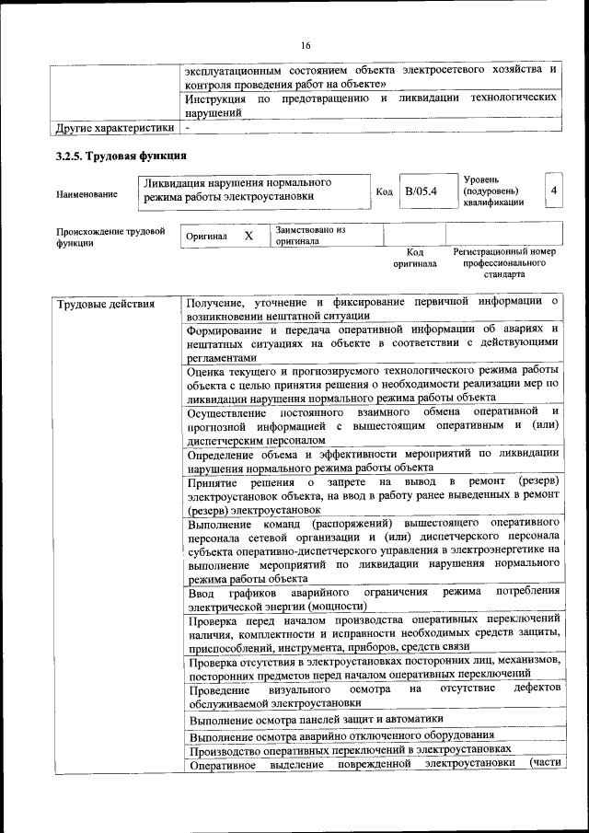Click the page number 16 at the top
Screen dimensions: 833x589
click(x=306, y=46)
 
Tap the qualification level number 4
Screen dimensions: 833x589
click(x=553, y=190)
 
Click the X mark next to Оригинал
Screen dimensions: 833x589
click(x=248, y=236)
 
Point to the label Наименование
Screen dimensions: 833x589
click(x=87, y=194)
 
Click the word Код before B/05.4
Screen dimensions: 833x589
click(x=386, y=191)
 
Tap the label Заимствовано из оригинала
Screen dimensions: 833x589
click(x=309, y=236)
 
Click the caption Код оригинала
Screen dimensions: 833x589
click(x=415, y=257)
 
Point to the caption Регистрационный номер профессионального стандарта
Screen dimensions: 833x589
click(x=504, y=262)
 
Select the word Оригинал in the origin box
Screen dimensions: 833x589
click(x=206, y=237)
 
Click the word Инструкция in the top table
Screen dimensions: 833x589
click(x=214, y=98)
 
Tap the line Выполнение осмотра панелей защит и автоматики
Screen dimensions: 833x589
click(x=316, y=719)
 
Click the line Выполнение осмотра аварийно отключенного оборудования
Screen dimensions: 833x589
click(x=342, y=735)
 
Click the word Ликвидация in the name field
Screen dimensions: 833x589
click(x=180, y=182)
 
